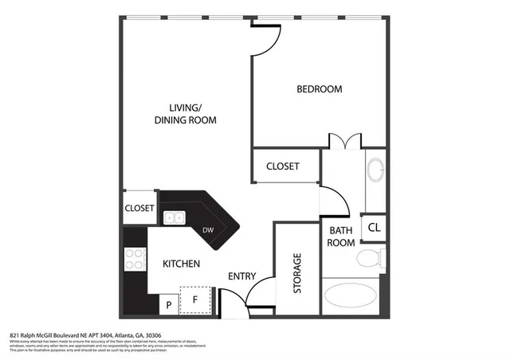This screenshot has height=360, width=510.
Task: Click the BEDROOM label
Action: click(319, 89)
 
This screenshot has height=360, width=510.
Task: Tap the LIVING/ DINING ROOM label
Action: click(186, 114)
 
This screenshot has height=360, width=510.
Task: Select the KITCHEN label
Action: click(181, 264)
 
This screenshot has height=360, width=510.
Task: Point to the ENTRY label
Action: click(241, 276)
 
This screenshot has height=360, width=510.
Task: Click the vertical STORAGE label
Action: click(297, 273)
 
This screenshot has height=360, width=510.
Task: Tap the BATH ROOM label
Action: click(340, 237)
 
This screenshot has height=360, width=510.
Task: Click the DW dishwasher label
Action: click(208, 230)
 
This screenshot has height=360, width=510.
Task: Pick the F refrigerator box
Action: click(194, 300)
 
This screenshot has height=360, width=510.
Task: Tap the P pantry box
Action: click(169, 304)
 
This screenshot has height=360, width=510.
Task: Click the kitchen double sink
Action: click(175, 217)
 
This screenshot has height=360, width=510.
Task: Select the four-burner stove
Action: click(135, 259)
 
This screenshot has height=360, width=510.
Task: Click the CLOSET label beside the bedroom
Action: click(282, 166)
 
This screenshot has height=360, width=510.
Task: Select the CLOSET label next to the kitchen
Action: click(139, 209)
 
